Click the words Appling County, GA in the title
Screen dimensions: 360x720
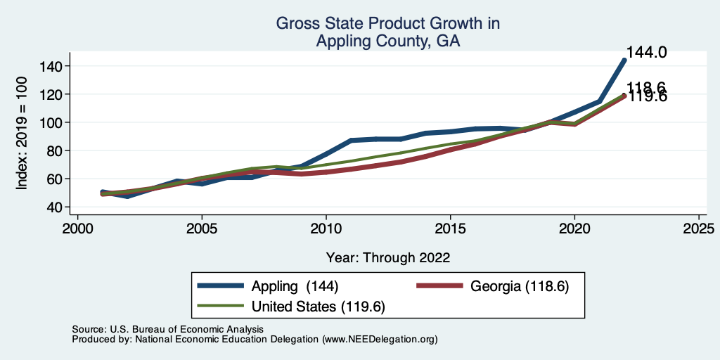pyautogui.click(x=387, y=41)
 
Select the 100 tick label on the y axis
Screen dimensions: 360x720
pyautogui.click(x=53, y=122)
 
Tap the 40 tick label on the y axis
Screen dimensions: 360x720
pyautogui.click(x=57, y=207)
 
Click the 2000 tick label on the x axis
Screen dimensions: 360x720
pyautogui.click(x=77, y=229)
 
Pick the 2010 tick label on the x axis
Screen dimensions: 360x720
pyautogui.click(x=326, y=229)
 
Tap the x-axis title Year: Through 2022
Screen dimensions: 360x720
pyautogui.click(x=387, y=257)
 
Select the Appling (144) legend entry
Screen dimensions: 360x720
pyautogui.click(x=296, y=286)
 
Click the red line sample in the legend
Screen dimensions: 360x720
pyautogui.click(x=440, y=286)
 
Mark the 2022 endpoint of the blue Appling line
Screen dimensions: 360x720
pyautogui.click(x=624, y=60)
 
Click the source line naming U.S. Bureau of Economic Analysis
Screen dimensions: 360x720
pyautogui.click(x=167, y=329)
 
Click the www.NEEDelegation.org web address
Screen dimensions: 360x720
pyautogui.click(x=379, y=339)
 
